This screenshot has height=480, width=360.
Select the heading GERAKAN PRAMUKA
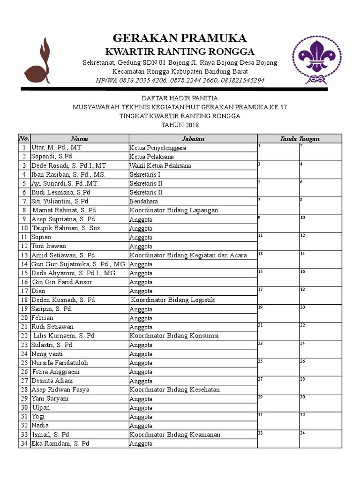tap(180, 38)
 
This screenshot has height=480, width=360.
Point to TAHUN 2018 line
tap(180, 125)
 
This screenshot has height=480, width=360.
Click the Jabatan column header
tap(193, 139)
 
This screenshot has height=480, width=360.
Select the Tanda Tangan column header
tap(300, 139)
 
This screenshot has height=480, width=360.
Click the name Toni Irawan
tap(49, 246)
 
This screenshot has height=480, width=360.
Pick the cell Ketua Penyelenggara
tap(157, 148)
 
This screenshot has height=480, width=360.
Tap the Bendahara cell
tap(144, 201)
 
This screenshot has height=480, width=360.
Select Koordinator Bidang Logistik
tap(172, 300)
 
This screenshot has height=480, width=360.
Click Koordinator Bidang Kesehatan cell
tap(174, 390)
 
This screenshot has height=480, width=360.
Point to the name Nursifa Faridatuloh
tap(60, 363)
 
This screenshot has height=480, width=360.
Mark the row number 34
tap(24, 443)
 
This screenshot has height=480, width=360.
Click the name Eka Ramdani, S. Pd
tap(60, 443)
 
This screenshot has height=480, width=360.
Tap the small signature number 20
tap(303, 307)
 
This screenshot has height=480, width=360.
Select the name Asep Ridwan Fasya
tap(60, 390)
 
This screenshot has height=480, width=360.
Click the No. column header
tap(24, 139)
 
